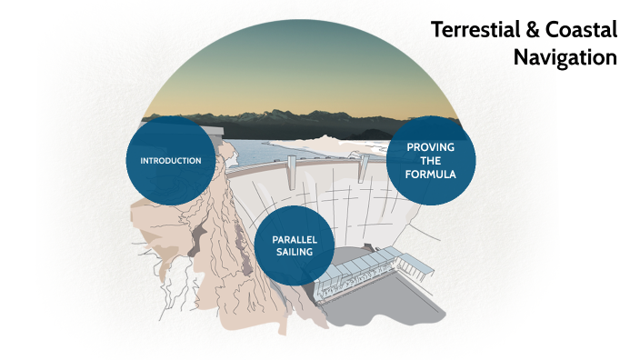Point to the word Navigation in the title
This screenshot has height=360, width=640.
click(x=565, y=57)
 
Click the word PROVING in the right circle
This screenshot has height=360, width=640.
click(x=431, y=146)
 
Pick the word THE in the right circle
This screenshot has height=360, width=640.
click(x=431, y=160)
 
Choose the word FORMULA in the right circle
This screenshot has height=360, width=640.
click(x=431, y=174)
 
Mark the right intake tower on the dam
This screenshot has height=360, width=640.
click(x=362, y=165)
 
